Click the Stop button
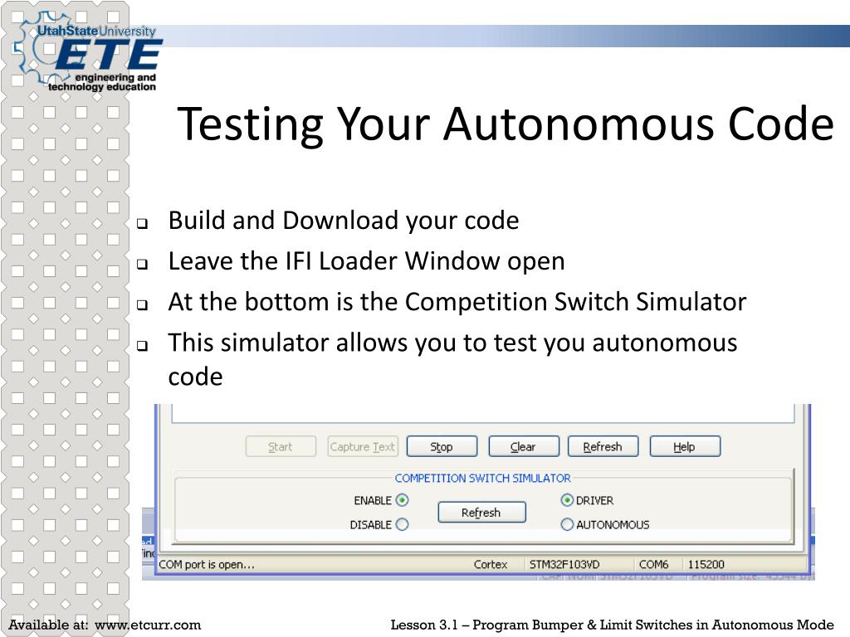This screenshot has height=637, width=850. click(x=442, y=446)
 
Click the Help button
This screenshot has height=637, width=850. click(x=684, y=446)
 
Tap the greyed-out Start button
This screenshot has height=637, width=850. click(x=281, y=446)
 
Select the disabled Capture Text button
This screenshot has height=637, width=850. click(x=363, y=446)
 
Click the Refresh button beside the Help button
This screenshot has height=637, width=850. click(x=603, y=446)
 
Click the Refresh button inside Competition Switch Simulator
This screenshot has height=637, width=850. click(x=481, y=513)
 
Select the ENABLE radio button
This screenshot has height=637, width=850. click(x=403, y=500)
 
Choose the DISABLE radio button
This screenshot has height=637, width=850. click(x=403, y=524)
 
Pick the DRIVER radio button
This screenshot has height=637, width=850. click(x=568, y=500)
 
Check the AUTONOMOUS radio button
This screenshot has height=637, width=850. click(x=568, y=524)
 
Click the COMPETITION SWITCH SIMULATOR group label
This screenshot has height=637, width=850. click(x=482, y=478)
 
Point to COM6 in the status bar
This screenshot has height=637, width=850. click(x=654, y=564)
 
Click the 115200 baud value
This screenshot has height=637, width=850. click(x=706, y=564)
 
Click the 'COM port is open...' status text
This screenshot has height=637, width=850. click(x=207, y=564)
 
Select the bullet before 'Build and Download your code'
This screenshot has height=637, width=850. click(x=142, y=223)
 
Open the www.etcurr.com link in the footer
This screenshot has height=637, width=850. click(x=148, y=625)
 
